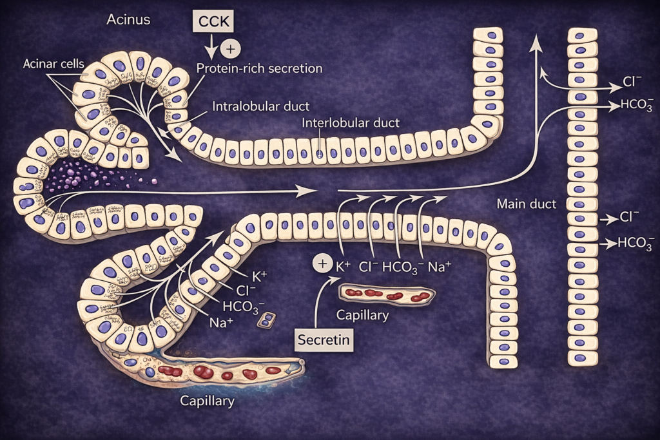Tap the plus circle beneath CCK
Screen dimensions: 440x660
click(x=229, y=49)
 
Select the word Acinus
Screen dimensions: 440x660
click(x=128, y=19)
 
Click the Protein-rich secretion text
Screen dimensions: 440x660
click(x=259, y=68)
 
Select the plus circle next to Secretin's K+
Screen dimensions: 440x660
click(x=321, y=263)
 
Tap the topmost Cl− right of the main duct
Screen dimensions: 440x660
click(x=632, y=82)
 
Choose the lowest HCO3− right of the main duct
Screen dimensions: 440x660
click(x=636, y=243)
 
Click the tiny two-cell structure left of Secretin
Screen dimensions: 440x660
click(x=266, y=320)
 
